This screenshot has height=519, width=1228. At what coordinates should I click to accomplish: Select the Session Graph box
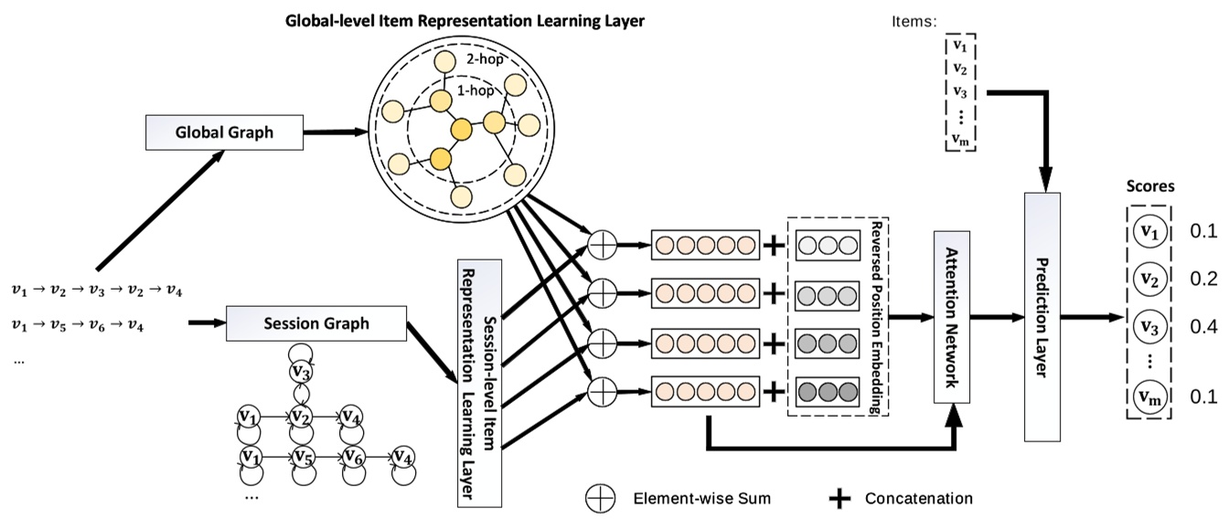[x=315, y=323]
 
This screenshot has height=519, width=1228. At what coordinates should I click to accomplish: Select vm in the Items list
[x=959, y=138]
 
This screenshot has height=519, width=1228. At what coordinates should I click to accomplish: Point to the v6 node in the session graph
[x=351, y=456]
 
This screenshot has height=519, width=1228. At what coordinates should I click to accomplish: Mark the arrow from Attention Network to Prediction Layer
[x=998, y=317]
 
